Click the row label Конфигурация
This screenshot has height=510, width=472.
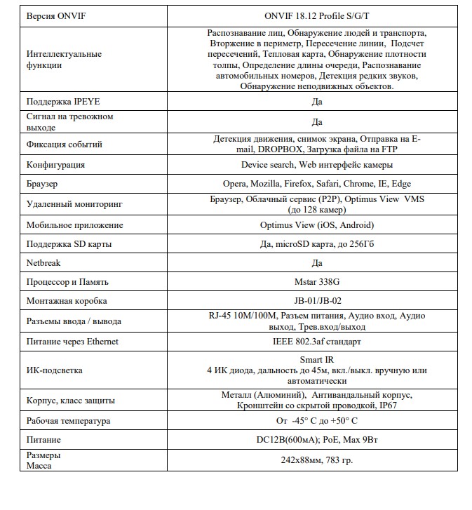(55, 165)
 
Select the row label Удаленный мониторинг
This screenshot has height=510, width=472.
(74, 204)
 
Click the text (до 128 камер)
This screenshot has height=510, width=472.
(317, 210)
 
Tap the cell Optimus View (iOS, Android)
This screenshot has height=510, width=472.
(316, 225)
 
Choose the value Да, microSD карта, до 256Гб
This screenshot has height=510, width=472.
(316, 244)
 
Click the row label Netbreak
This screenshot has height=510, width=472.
(43, 263)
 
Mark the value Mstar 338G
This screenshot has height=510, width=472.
(316, 282)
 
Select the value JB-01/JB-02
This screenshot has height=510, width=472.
(316, 301)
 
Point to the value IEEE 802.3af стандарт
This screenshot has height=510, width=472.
(316, 342)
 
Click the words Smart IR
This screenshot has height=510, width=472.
(316, 360)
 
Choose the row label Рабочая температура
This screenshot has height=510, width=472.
(68, 421)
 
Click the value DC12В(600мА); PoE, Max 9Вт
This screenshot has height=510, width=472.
(316, 440)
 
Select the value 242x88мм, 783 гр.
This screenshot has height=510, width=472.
(316, 460)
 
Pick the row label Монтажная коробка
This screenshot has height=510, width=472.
(67, 301)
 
